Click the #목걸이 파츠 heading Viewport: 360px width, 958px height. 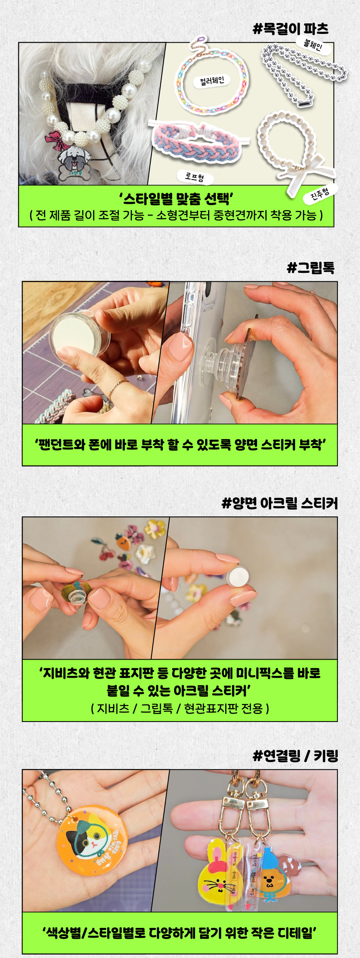point(291,29)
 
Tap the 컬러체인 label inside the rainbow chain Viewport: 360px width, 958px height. point(212,80)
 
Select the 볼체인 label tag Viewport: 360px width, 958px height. point(313,44)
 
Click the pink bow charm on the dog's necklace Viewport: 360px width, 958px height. point(56,140)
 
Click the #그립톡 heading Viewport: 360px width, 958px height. point(311,267)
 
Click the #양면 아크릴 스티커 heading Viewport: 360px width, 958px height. point(279,503)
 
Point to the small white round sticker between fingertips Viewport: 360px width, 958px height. point(237,577)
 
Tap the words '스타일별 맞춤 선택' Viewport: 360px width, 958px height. point(176,198)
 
